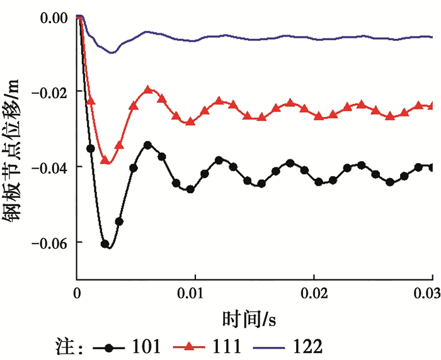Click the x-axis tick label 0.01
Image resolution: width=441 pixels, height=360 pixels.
point(195,294)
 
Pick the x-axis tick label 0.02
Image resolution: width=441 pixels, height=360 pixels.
point(314,294)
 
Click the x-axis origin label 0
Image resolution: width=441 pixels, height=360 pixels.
point(77,294)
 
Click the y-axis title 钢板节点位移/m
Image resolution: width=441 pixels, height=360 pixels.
point(15,148)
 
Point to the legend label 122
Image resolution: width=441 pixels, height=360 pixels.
point(308,346)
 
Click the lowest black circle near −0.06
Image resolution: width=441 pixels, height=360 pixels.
point(105,244)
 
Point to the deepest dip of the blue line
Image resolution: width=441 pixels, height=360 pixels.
point(112,52)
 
